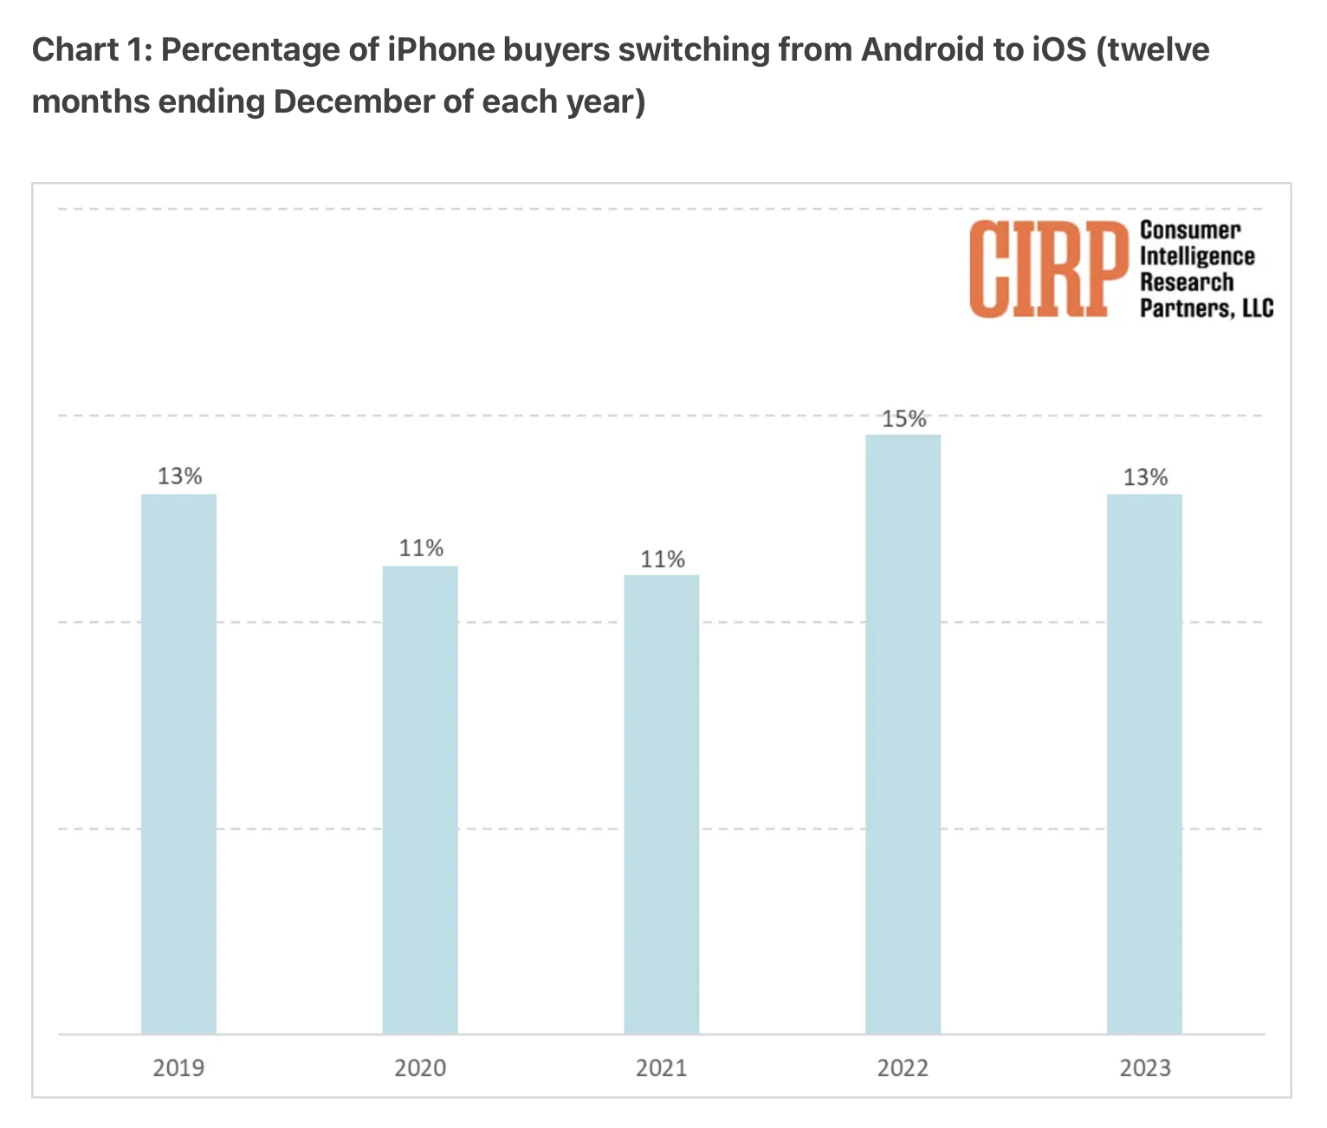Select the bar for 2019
[178, 762]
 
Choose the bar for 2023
[1144, 762]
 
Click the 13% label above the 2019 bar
[179, 476]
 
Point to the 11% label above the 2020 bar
[421, 548]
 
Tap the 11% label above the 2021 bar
[663, 559]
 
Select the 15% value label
[903, 419]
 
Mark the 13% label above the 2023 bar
[1145, 476]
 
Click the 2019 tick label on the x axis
[178, 1067]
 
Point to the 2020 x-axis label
[420, 1067]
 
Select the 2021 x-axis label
[661, 1067]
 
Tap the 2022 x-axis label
[903, 1067]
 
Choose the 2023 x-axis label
[1144, 1067]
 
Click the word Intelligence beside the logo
[1196, 256]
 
